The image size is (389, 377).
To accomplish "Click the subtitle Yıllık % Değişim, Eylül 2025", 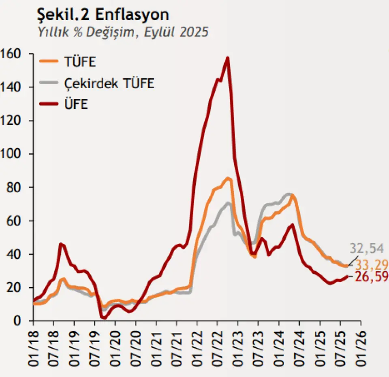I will click(122, 32).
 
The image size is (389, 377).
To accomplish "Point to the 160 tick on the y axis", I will click(13, 54).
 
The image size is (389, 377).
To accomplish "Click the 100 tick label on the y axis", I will click(13, 154).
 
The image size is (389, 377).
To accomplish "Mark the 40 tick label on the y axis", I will click(17, 254).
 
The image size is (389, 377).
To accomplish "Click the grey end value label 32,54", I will click(366, 248).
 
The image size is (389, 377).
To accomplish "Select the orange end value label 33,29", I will click(372, 265).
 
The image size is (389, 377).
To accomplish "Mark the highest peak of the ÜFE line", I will click(228, 58).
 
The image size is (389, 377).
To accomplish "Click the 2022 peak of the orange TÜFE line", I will click(228, 178).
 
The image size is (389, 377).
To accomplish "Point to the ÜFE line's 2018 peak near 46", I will click(60, 244).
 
